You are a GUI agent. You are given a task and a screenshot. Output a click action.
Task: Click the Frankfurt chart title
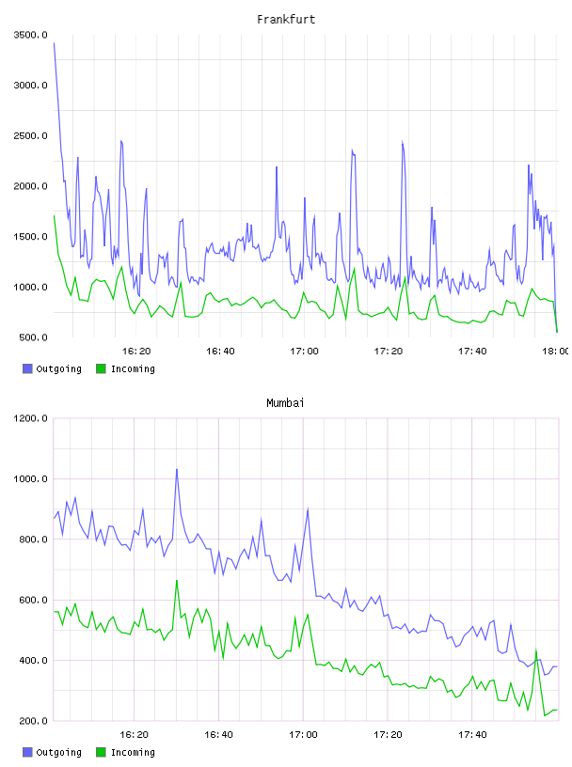[286, 20]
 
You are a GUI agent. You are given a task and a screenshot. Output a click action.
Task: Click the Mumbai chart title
[285, 403]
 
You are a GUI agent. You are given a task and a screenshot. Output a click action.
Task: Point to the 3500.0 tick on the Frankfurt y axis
[31, 35]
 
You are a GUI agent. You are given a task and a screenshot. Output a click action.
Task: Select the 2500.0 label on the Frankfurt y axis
[31, 135]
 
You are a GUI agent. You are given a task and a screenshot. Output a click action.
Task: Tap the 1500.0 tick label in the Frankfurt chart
[31, 237]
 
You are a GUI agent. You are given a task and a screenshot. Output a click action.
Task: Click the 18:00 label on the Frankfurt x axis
[555, 351]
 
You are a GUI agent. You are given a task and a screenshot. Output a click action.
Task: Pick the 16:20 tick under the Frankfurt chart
[136, 351]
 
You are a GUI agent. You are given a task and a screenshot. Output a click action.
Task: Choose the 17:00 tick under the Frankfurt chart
[304, 351]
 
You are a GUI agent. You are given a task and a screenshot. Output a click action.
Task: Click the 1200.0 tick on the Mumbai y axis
[31, 418]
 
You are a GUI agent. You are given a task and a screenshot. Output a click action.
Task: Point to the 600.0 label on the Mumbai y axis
[33, 600]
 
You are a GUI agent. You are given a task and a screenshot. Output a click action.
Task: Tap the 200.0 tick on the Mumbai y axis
[33, 721]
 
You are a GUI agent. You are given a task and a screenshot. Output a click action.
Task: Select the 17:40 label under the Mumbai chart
[472, 734]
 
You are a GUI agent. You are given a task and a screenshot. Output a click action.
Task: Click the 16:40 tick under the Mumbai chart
[218, 734]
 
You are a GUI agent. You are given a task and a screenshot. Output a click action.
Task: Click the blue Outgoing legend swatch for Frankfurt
[27, 368]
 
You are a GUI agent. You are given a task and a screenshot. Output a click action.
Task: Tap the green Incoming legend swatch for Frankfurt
[101, 368]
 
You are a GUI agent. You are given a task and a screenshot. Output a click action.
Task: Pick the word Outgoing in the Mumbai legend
[58, 752]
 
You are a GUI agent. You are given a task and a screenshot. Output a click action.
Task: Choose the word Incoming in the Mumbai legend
[133, 752]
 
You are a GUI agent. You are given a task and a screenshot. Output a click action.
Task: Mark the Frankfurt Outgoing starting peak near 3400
[54, 43]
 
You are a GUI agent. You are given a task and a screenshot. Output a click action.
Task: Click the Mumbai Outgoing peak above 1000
[177, 470]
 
